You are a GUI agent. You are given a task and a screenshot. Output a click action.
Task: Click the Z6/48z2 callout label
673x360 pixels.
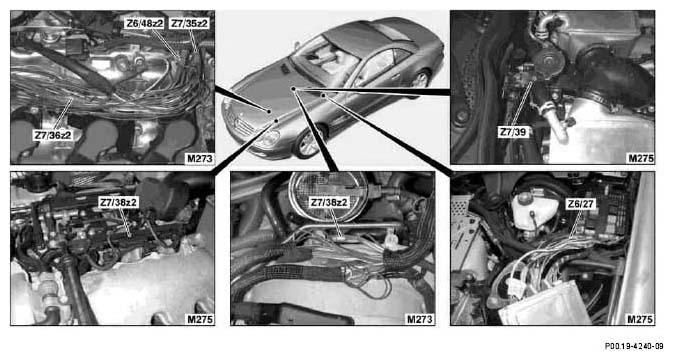144,24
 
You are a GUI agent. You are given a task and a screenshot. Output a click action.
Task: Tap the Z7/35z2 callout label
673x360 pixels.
189,24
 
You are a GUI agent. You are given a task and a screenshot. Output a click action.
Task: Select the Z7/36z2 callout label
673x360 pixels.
53,135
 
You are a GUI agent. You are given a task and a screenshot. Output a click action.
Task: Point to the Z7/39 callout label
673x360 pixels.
512,132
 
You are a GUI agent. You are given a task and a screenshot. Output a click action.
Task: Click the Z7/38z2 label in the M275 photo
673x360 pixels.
118,202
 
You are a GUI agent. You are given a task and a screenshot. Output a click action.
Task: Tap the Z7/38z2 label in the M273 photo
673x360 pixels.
329,202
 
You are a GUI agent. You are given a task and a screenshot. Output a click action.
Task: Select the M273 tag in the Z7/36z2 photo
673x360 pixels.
200,158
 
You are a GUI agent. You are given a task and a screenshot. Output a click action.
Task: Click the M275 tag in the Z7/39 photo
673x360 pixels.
641,158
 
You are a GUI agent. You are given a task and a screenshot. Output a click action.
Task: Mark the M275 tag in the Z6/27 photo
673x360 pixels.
640,319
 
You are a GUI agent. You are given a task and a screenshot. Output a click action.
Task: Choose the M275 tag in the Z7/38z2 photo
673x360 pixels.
200,319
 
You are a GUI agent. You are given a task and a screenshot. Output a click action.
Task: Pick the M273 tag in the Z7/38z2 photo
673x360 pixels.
420,319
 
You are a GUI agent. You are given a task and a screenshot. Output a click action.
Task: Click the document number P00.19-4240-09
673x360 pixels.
634,346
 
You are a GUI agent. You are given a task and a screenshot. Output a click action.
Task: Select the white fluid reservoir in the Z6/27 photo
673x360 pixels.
530,210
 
